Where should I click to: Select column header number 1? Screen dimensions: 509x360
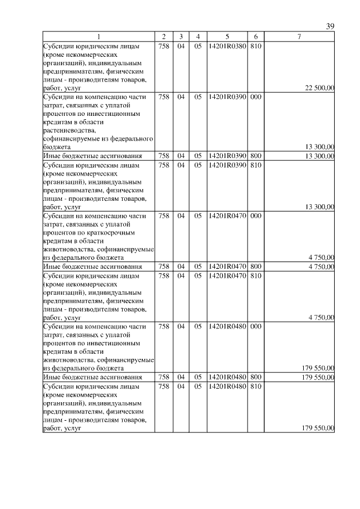(x=98, y=37)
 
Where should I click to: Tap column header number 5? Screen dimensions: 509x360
(x=227, y=37)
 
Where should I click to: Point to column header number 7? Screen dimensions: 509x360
(x=299, y=37)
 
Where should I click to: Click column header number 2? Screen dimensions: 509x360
(x=163, y=37)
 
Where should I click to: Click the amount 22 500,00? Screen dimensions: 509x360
(x=319, y=88)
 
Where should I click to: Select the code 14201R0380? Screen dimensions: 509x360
(x=227, y=46)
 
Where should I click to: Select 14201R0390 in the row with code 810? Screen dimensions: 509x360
(x=227, y=165)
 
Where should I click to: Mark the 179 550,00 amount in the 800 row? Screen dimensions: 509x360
(x=318, y=377)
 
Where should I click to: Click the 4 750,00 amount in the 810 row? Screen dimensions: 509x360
(x=321, y=318)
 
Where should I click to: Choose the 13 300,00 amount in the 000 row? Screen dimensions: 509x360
(x=319, y=147)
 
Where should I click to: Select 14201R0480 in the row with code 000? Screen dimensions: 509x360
(x=227, y=326)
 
